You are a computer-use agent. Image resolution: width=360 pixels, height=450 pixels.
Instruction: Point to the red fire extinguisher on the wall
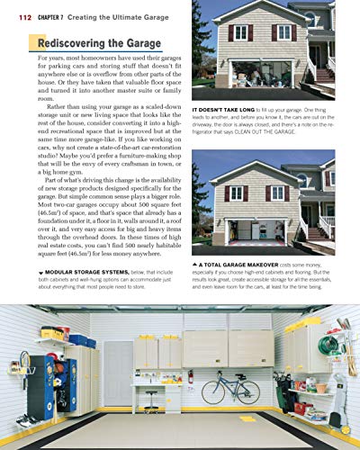click(190, 376)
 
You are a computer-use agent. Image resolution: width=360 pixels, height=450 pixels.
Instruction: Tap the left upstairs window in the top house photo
click(239, 32)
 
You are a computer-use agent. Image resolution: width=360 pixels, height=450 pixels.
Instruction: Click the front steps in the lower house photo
click(324, 230)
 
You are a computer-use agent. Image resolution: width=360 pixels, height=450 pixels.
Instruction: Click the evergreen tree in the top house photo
click(200, 45)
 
